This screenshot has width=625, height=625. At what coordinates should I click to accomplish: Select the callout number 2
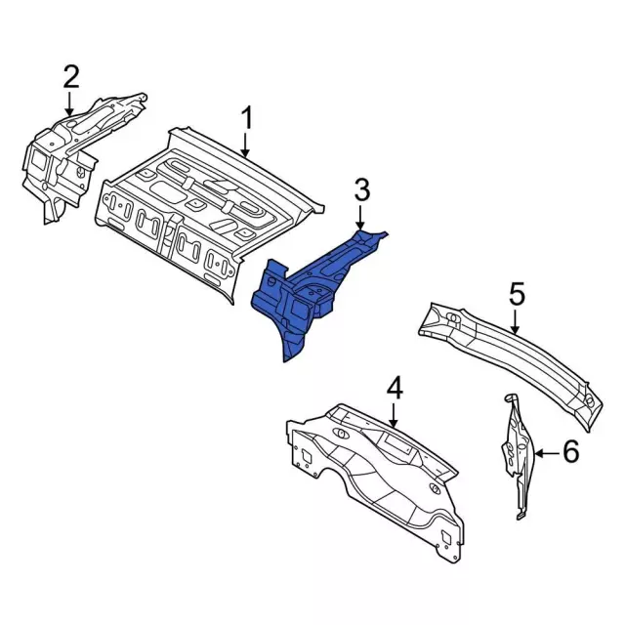tap(71, 75)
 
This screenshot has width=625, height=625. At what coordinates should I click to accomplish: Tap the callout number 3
tap(361, 190)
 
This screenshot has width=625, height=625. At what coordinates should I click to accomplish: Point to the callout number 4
tap(395, 389)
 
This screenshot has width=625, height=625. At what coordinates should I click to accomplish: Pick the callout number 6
tap(571, 451)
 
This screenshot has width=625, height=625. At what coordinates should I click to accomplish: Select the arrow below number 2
tap(71, 103)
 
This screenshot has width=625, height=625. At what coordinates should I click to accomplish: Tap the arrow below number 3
tap(361, 219)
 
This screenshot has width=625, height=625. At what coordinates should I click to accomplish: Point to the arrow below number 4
tap(395, 416)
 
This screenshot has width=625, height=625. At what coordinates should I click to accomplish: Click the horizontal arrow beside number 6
tap(546, 452)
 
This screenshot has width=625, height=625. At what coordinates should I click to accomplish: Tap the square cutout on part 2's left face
tap(38, 154)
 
